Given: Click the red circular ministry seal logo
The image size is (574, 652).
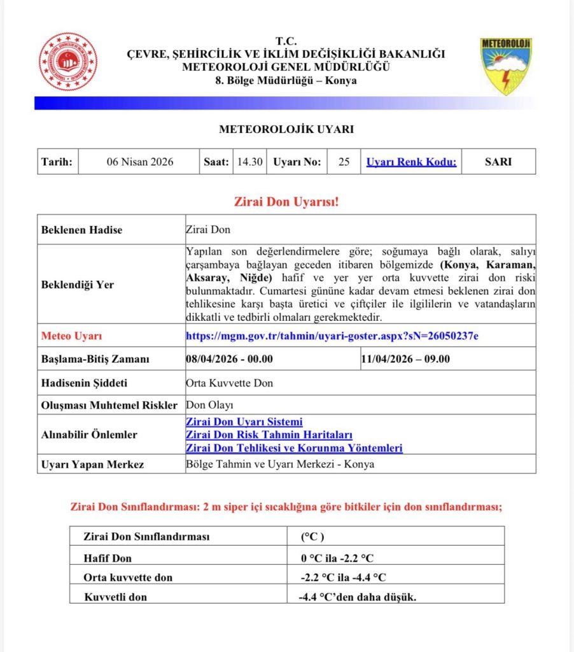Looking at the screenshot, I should click(68, 62).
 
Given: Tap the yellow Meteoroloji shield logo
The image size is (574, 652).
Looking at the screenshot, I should click(506, 66).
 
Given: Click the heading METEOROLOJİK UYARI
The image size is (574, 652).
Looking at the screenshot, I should click(286, 129).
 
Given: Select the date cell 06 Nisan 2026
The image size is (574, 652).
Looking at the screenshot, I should click(139, 162).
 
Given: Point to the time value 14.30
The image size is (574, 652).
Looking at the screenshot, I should click(249, 162).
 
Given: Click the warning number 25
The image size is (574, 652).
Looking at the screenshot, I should click(344, 162).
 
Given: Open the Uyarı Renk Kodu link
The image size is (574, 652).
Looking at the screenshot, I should click(411, 162).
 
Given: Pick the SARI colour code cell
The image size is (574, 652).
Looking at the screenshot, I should click(498, 162).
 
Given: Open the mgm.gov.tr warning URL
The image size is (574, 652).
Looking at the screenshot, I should click(332, 336).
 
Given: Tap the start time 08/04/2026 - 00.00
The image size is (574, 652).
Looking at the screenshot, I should click(229, 359).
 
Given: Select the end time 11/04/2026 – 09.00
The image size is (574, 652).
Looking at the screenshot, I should click(405, 359).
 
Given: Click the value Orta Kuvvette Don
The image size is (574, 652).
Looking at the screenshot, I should click(229, 383).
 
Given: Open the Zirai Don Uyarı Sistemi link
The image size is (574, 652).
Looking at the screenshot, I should click(244, 422).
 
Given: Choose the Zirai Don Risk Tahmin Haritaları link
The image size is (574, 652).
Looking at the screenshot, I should click(269, 435).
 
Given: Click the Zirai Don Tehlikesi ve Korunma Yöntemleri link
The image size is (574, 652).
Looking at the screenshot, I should click(294, 448).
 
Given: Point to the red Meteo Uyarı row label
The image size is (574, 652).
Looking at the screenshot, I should click(71, 336).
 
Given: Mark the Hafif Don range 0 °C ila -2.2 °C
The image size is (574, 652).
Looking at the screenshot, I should click(337, 558).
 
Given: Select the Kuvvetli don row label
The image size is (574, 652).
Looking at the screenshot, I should click(115, 597).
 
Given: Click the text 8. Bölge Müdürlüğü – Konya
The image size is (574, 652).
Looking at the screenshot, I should click(286, 81).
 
